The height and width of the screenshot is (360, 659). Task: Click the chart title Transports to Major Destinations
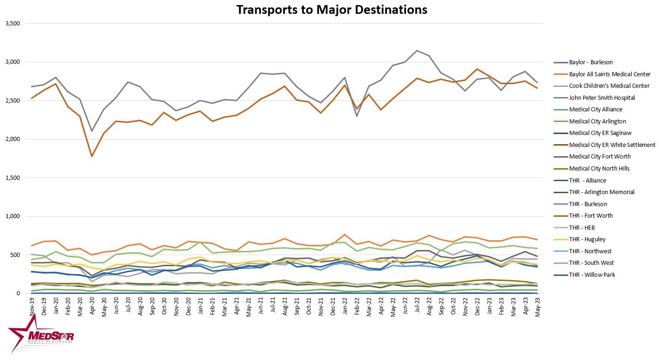332,10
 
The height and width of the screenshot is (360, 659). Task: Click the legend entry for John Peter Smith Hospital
602,98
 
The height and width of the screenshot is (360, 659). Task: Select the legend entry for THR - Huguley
587,239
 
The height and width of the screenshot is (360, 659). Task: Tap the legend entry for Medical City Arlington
597,121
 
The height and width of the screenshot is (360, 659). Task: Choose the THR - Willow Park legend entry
591,275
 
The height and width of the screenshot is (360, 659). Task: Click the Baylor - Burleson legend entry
591,62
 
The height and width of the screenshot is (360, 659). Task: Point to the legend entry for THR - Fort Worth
591,216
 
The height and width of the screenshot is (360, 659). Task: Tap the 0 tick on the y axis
18,293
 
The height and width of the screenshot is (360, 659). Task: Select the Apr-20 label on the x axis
92,305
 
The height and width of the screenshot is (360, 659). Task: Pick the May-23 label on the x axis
537,306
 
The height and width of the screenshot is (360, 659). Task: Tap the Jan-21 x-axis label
200,305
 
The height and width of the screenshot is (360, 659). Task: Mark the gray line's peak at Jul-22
417,50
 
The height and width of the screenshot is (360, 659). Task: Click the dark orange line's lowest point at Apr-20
92,156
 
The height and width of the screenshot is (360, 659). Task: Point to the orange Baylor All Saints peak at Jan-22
345,234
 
